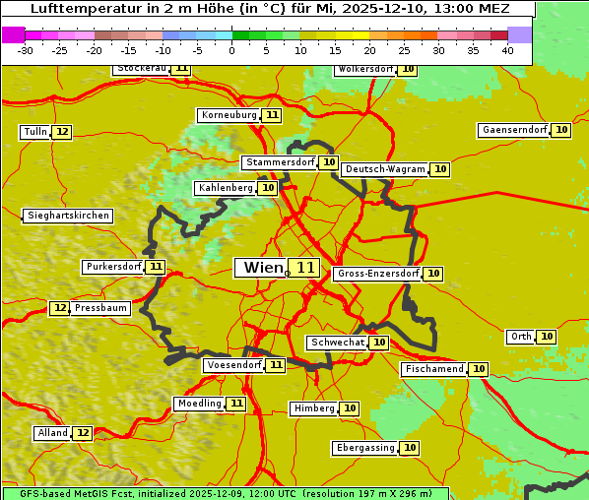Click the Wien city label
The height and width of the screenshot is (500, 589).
[x=262, y=268]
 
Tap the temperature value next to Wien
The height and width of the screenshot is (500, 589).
[x=305, y=268]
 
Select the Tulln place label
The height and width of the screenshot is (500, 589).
[x=34, y=132]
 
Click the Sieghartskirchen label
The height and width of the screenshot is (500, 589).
[x=68, y=216]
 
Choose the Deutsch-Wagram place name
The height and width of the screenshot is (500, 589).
[x=385, y=169]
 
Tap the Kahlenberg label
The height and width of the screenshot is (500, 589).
[x=226, y=188]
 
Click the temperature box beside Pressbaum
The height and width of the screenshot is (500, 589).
[x=60, y=308]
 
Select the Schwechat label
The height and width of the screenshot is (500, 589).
[x=337, y=343]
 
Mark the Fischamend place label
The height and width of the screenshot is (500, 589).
[x=433, y=369]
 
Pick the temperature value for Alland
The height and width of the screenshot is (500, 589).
[x=83, y=433]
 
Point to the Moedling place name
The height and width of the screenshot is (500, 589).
[x=199, y=404]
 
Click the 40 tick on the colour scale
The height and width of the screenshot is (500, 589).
[x=507, y=50]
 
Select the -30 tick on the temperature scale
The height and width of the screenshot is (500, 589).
[x=26, y=50]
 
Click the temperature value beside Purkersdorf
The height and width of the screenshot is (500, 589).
[x=156, y=267]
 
